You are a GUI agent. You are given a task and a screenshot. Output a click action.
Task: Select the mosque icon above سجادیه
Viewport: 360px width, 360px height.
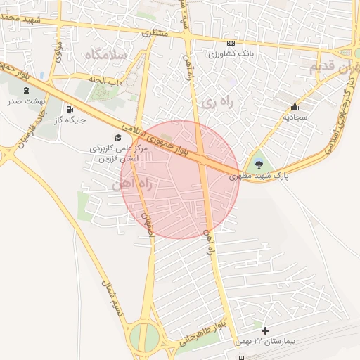pos(294,108)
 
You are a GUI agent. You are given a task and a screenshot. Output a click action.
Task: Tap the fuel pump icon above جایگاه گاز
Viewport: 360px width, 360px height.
pos(70,109)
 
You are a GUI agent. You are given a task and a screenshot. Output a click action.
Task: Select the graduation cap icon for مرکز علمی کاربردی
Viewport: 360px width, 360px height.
pos(117,138)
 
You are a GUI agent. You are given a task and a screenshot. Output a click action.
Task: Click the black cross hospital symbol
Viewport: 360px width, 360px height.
pos(265,330)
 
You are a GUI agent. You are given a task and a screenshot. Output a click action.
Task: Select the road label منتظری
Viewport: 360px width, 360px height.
pos(156,32)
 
